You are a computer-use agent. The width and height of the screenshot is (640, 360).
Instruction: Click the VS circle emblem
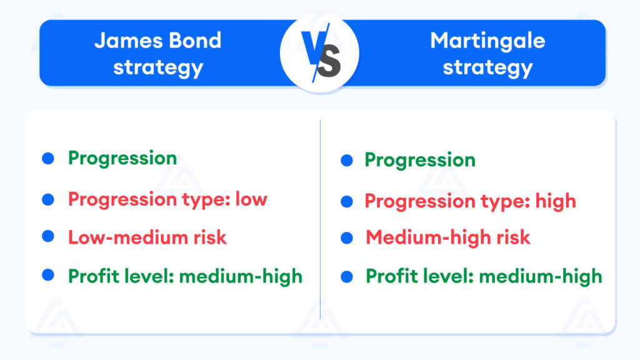[x=319, y=52]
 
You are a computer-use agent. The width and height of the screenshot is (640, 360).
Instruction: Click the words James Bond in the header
[x=157, y=41]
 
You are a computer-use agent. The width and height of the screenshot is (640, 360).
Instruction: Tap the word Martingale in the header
[x=487, y=41]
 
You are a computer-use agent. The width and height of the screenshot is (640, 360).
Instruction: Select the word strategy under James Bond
[x=157, y=66]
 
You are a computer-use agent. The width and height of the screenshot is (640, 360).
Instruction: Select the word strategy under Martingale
[x=487, y=66]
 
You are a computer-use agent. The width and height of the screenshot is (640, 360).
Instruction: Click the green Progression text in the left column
[x=122, y=158]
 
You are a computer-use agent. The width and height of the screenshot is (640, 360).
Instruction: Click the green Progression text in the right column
[x=420, y=160]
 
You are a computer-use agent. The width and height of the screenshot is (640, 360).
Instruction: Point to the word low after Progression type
[x=251, y=199]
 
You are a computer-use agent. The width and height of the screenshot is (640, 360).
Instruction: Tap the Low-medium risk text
[x=147, y=237]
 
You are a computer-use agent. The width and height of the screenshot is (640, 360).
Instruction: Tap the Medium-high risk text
[x=447, y=237]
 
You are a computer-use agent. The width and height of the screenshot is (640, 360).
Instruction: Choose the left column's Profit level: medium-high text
[x=185, y=276]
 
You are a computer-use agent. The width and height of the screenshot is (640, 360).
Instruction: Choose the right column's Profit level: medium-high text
[x=484, y=276]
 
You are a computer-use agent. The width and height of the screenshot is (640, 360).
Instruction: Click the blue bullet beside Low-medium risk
[x=48, y=236]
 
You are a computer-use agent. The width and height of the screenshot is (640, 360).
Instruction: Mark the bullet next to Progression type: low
[x=48, y=199]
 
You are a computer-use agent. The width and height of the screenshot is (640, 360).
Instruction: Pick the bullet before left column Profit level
[x=48, y=274]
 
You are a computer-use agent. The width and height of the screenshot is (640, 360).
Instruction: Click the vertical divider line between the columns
[x=320, y=219]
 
